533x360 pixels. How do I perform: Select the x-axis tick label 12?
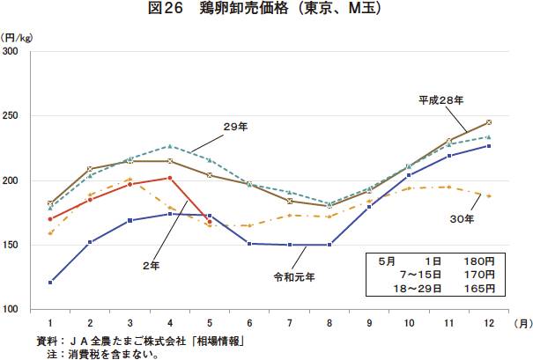(488, 323)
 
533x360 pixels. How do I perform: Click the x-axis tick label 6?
(249, 323)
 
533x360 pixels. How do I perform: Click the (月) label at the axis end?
(522, 323)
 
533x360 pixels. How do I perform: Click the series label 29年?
(235, 127)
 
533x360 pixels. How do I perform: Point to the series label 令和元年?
(294, 276)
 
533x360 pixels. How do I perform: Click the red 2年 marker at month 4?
(170, 179)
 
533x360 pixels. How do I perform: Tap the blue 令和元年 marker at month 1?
(50, 282)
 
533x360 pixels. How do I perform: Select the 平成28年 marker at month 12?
(488, 122)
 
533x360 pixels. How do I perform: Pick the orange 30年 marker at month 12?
(488, 195)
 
